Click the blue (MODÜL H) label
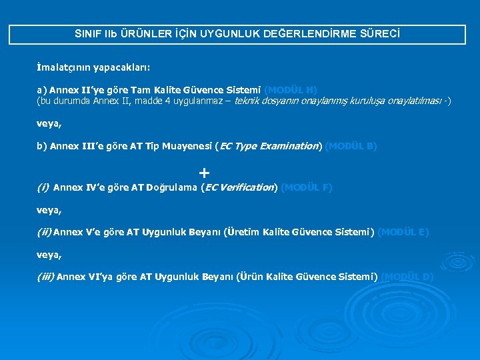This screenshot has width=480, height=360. click(291, 89)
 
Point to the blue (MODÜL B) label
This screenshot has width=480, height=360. click(351, 146)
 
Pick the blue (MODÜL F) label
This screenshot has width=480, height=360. click(307, 187)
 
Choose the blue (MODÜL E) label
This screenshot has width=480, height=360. click(403, 232)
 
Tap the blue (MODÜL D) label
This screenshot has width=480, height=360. click(408, 277)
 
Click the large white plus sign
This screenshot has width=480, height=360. click(204, 172)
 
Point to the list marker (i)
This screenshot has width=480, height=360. click(43, 187)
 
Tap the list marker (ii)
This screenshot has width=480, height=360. click(44, 232)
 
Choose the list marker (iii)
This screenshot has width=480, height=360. click(45, 277)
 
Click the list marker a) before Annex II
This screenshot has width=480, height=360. click(41, 89)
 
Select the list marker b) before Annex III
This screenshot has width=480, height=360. click(41, 146)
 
